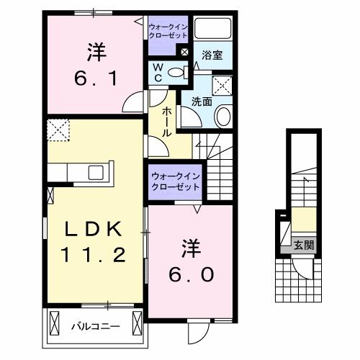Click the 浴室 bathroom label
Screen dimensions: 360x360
point(212,55)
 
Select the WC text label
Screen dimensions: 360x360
point(158,72)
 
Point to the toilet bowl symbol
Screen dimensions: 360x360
point(182,72)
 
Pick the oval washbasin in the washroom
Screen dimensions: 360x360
point(222,116)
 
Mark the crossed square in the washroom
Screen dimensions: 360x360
point(224,86)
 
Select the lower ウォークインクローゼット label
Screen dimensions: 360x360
point(176,181)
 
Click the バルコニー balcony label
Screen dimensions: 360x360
point(95,326)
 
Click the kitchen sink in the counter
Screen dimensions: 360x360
point(95,173)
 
